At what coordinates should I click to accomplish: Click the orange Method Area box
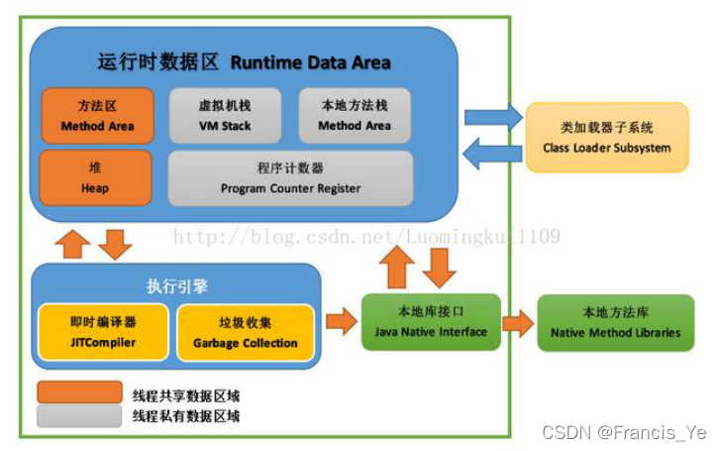(x=97, y=116)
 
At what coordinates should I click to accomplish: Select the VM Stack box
(x=224, y=116)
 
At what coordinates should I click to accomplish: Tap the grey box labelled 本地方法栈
(x=354, y=116)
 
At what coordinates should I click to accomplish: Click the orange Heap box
(x=96, y=178)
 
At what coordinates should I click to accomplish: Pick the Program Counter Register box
(x=290, y=178)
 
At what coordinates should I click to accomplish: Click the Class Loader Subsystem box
(x=606, y=138)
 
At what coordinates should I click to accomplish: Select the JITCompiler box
(x=102, y=332)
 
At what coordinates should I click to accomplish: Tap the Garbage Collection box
(x=245, y=332)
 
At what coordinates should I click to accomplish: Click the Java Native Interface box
(x=431, y=322)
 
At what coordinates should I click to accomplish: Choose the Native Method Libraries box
(x=615, y=322)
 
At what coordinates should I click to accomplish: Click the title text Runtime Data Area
(x=310, y=62)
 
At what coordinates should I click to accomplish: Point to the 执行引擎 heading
(x=177, y=286)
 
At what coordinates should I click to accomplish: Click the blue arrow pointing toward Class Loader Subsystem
(x=492, y=116)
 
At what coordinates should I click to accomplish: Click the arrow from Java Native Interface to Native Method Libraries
(x=517, y=322)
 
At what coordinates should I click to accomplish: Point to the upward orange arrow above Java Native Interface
(x=399, y=267)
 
